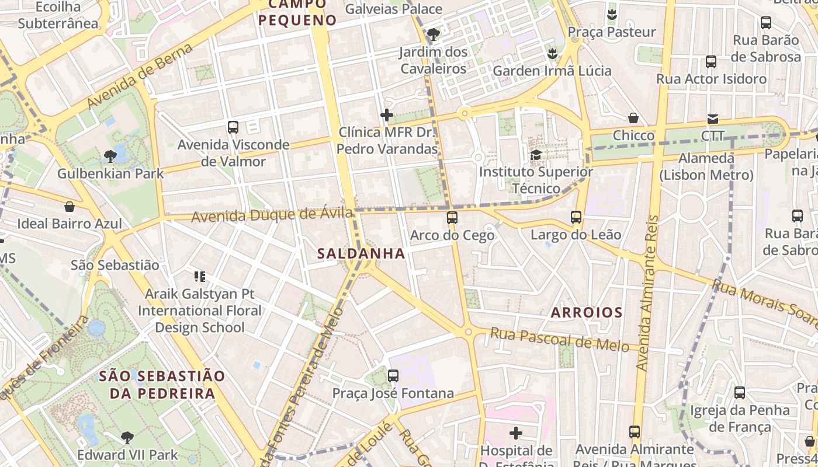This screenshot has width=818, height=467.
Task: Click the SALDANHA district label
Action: (361, 253)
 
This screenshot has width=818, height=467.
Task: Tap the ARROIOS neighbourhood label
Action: (587, 312)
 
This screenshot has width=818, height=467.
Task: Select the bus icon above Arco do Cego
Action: (452, 218)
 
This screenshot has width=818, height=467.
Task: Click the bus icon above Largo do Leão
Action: (576, 217)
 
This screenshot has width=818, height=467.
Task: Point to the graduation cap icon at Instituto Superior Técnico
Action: (536, 155)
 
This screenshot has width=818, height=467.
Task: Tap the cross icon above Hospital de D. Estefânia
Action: (515, 433)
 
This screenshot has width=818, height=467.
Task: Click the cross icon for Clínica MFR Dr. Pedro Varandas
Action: (386, 115)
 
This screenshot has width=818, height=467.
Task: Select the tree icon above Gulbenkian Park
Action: (110, 156)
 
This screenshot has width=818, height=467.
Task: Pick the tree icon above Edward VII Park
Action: (127, 437)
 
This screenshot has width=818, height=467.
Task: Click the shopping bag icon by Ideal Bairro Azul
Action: (70, 206)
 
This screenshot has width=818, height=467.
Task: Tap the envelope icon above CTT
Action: (712, 119)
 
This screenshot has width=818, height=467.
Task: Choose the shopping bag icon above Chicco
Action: (633, 118)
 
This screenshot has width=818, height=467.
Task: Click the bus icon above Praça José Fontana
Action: (393, 375)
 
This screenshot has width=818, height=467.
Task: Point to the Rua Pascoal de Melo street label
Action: (559, 340)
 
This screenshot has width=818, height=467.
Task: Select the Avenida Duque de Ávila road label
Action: (272, 215)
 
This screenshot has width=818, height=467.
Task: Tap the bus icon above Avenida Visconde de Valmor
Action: (233, 127)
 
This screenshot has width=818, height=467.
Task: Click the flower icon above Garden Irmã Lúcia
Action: (552, 54)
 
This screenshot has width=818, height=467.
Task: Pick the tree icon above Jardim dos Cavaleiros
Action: (433, 34)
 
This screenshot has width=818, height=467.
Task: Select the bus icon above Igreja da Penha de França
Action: (739, 392)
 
